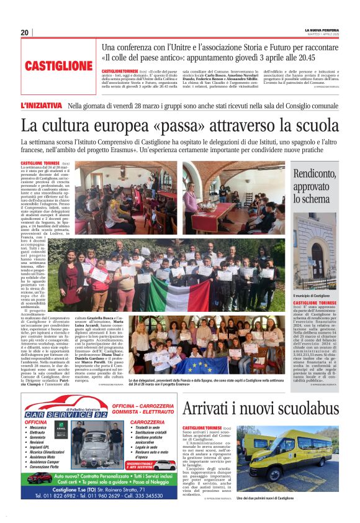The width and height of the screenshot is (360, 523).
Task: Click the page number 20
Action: [x=25, y=32]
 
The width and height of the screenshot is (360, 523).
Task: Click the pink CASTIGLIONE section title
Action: [x=60, y=65]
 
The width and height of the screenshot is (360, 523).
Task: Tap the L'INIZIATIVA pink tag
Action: [x=42, y=106]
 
